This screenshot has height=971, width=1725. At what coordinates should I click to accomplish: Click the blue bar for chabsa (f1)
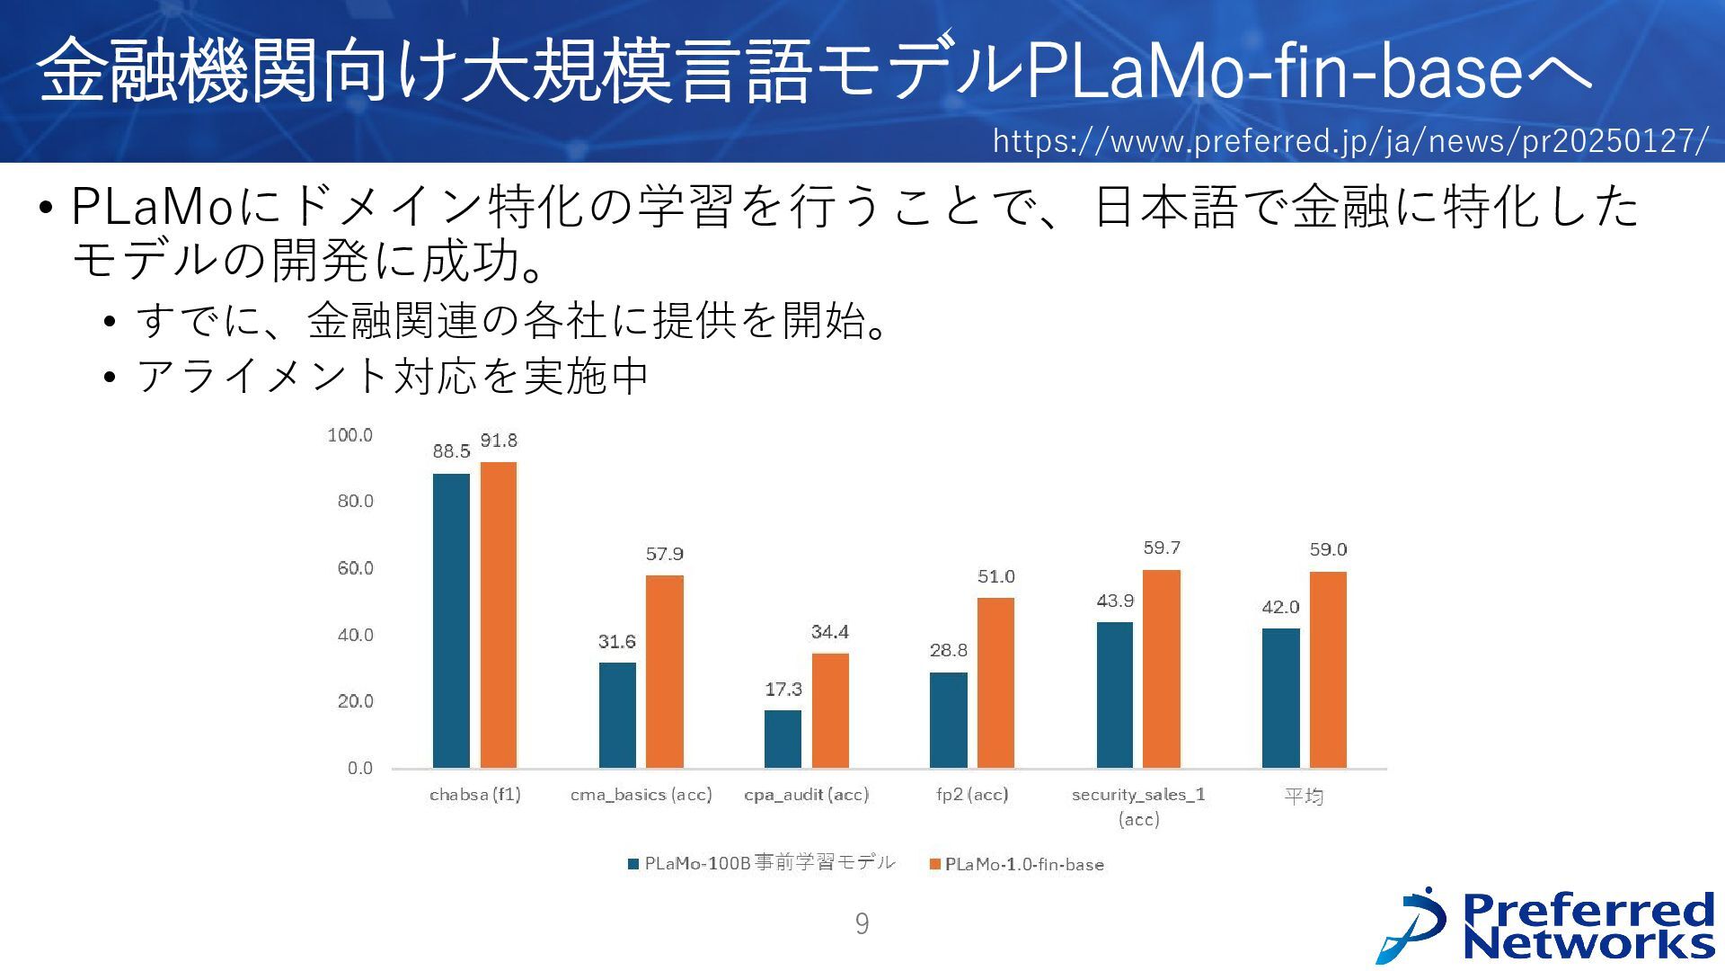pos(451,620)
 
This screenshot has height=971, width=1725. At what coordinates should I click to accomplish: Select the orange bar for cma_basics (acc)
pos(664,671)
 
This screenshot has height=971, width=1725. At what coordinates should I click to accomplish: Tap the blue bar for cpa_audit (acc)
pos(783,738)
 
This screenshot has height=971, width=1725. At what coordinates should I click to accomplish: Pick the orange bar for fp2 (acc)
pos(995,682)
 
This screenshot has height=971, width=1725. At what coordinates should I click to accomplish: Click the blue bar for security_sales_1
pos(1114,694)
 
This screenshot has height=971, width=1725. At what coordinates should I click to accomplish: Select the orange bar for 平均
pos(1328,669)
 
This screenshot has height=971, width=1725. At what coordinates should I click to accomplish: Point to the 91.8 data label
pos(499,441)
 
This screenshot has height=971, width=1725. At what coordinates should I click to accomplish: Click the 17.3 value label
pos(783,690)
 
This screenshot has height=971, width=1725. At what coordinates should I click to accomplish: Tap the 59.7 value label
pos(1162,548)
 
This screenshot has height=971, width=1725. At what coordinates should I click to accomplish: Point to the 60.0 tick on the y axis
pos(355,568)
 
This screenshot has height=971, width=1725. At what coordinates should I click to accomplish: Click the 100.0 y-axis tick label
pos(349,435)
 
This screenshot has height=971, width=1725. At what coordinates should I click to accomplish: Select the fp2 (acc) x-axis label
pos(972,795)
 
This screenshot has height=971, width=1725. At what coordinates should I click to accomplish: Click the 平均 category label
pos(1304,796)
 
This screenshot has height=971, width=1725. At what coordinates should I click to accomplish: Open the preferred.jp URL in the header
pos(1349,141)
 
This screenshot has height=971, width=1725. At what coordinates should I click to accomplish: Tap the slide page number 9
pos(862,923)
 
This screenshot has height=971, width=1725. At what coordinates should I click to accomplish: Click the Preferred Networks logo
pos(1546,926)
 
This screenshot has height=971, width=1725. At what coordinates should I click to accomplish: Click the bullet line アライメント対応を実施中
pos(392,376)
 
